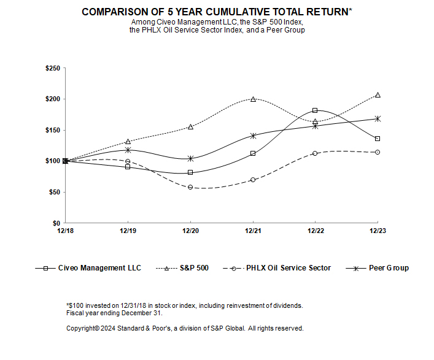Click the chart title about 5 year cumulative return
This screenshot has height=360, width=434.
coord(217,12)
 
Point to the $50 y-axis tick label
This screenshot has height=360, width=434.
coord(53,192)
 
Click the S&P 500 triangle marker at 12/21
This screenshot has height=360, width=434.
coord(253,99)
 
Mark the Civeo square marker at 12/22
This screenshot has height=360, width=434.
coord(315,110)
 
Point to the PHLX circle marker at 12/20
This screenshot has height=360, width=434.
coord(190,187)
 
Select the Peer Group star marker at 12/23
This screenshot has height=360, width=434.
coord(378,118)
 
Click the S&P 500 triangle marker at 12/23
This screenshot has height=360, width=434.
coord(378,95)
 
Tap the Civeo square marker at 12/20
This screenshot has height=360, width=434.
coord(190,172)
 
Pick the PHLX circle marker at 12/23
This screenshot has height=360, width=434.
coord(378,152)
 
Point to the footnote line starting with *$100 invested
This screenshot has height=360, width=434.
coord(184,305)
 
